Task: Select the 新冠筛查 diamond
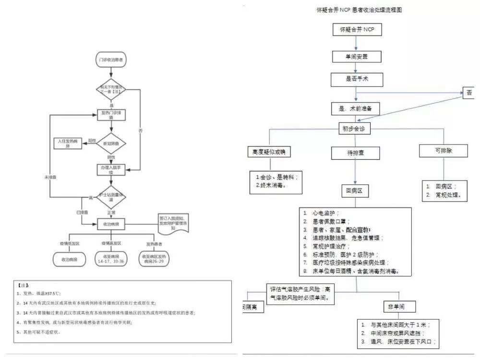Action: (x=111, y=143)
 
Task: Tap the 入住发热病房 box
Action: (x=68, y=143)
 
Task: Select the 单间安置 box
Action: (x=357, y=57)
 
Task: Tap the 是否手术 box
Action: (x=357, y=79)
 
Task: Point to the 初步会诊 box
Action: (x=356, y=129)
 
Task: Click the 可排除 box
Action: (x=444, y=151)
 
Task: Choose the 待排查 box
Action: (x=356, y=153)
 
